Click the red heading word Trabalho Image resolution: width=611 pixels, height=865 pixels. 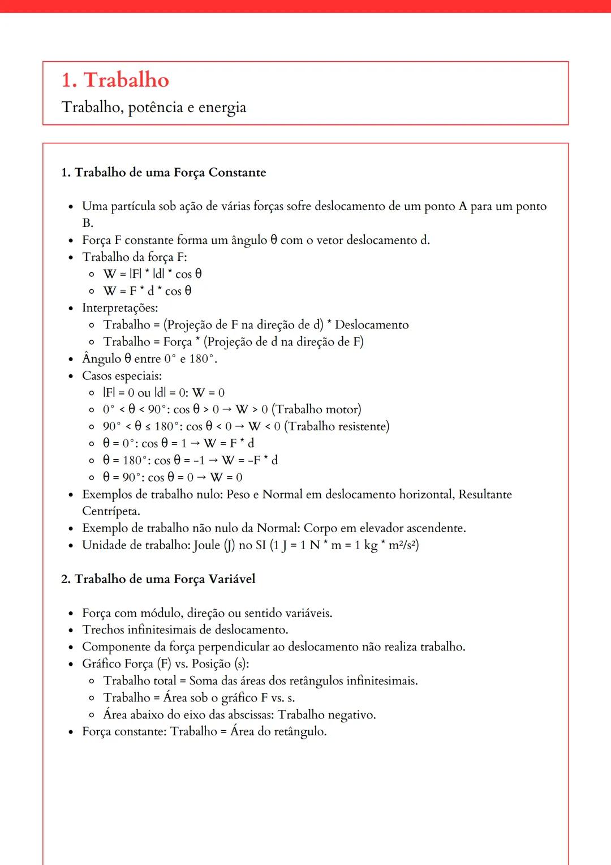126,80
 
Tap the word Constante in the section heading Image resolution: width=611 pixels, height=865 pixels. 237,173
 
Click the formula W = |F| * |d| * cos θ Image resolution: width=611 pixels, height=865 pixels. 152,274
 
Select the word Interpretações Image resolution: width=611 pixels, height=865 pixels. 120,308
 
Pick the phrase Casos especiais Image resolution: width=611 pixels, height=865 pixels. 122,376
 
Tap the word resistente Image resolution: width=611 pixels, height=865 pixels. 359,426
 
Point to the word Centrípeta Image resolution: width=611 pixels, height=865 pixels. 110,511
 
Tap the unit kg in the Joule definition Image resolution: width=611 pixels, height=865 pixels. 371,546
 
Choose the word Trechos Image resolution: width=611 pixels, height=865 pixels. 103,630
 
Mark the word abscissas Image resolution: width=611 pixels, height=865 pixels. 247,715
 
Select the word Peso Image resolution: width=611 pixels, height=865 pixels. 238,494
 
